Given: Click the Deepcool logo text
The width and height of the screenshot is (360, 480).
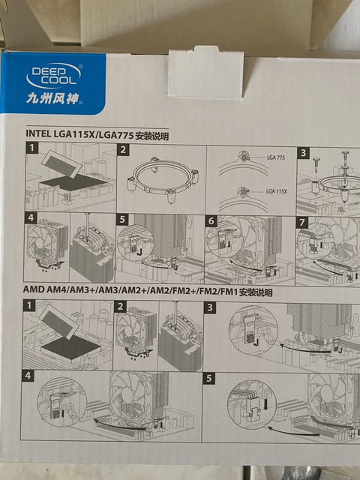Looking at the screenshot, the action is point(53,76).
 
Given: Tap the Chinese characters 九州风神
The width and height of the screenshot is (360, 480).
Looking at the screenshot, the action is point(52,99).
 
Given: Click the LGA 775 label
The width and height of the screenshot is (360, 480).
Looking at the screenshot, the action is point(275,157).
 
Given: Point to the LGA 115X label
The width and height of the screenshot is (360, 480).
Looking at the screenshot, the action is point(277,192).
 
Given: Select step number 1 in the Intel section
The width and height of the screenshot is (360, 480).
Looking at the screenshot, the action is point(31,148).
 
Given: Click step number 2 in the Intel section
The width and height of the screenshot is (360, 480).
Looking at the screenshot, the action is point(123,150).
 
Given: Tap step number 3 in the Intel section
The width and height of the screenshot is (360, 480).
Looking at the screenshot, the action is point(303,153).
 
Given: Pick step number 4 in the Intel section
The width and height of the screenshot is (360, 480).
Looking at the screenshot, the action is point(30,218).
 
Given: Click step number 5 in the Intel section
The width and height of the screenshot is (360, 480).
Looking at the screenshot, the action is point(122,220).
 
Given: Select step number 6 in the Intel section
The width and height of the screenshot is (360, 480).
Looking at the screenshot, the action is point(211,221).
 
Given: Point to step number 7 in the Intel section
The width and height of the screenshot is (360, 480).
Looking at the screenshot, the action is point(301,223).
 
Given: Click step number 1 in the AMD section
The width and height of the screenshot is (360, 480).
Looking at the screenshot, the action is point(29,305).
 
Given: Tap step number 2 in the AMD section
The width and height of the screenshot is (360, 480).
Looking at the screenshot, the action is point(120,307).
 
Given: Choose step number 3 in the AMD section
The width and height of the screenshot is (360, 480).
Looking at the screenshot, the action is point(210,307).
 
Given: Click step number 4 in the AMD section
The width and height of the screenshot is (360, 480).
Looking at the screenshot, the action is point(28,376).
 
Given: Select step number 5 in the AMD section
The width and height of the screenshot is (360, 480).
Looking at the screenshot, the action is point(208,378).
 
